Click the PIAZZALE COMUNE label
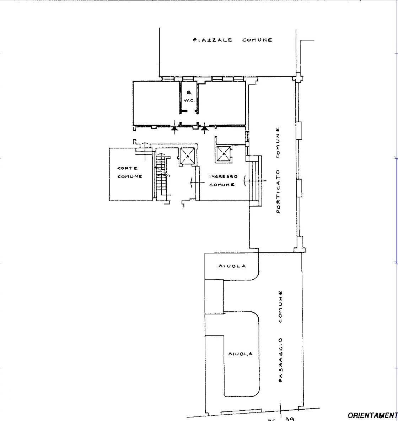point(233,40)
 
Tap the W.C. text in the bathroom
point(189,100)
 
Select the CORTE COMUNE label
point(130,172)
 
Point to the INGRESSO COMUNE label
point(223,180)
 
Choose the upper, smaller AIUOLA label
point(232,266)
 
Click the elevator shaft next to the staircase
point(187,156)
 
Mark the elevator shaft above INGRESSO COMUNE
point(224,154)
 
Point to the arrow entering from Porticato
point(254,181)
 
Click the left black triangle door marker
point(174,129)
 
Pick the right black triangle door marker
point(204,129)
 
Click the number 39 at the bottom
point(290,419)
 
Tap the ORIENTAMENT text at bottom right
point(372,415)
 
